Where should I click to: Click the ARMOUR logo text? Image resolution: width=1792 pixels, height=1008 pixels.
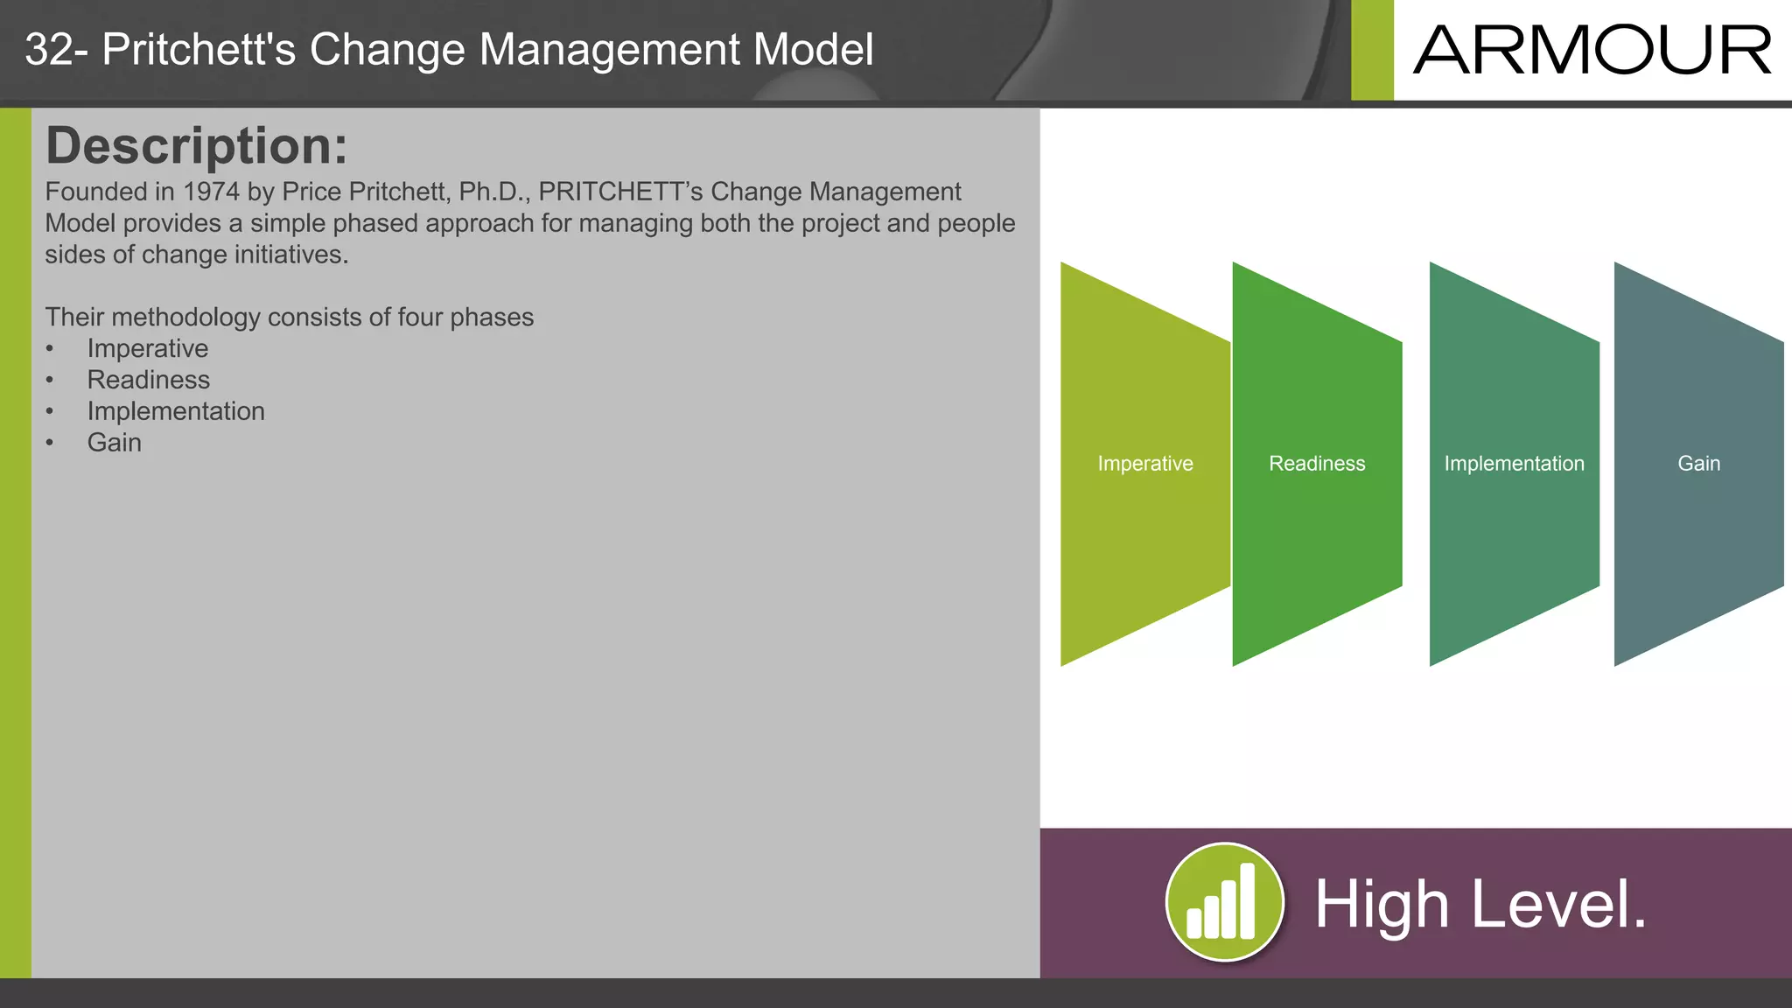click(x=1592, y=51)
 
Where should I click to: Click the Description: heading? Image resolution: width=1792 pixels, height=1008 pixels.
click(x=196, y=145)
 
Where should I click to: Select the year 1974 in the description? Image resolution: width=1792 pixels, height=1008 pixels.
click(x=211, y=192)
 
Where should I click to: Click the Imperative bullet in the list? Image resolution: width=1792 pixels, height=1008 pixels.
click(x=147, y=348)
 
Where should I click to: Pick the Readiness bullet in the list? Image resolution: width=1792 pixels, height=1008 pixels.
click(x=148, y=380)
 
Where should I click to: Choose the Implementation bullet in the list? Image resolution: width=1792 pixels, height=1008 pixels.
click(x=175, y=411)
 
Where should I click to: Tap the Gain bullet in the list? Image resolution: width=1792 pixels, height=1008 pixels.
click(x=114, y=443)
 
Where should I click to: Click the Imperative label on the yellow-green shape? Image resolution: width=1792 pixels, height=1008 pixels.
click(x=1144, y=464)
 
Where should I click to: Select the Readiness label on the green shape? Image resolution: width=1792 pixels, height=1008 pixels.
click(x=1317, y=464)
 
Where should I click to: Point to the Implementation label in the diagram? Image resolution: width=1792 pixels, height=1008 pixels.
click(x=1514, y=464)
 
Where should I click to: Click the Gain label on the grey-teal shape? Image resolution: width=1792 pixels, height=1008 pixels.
click(x=1698, y=464)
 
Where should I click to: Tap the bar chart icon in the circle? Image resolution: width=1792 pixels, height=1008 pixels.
click(x=1223, y=902)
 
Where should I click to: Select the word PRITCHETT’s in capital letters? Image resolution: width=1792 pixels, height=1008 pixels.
click(x=620, y=192)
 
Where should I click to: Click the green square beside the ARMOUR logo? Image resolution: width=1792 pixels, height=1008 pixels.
click(x=1371, y=51)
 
